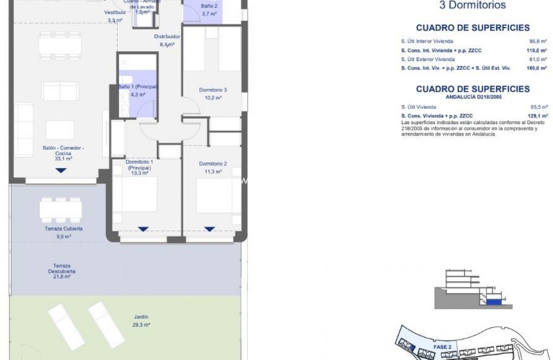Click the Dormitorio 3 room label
pyautogui.click(x=213, y=90)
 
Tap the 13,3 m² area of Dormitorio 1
pyautogui.click(x=140, y=173)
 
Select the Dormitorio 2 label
pyautogui.click(x=213, y=164)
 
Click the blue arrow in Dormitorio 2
pyautogui.click(x=209, y=229)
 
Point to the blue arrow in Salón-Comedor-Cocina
pyautogui.click(x=61, y=171)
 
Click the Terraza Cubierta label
pyautogui.click(x=63, y=229)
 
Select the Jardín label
pyautogui.click(x=142, y=317)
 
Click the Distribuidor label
pyautogui.click(x=167, y=36)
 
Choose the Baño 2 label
pyautogui.click(x=209, y=6)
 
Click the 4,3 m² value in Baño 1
pyautogui.click(x=138, y=95)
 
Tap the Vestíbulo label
pyautogui.click(x=114, y=13)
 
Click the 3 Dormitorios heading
pyautogui.click(x=472, y=5)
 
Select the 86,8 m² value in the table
pyautogui.click(x=538, y=41)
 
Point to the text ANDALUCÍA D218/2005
pyautogui.click(x=473, y=97)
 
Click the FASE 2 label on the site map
pyautogui.click(x=442, y=347)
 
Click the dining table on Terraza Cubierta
pyautogui.click(x=61, y=209)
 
